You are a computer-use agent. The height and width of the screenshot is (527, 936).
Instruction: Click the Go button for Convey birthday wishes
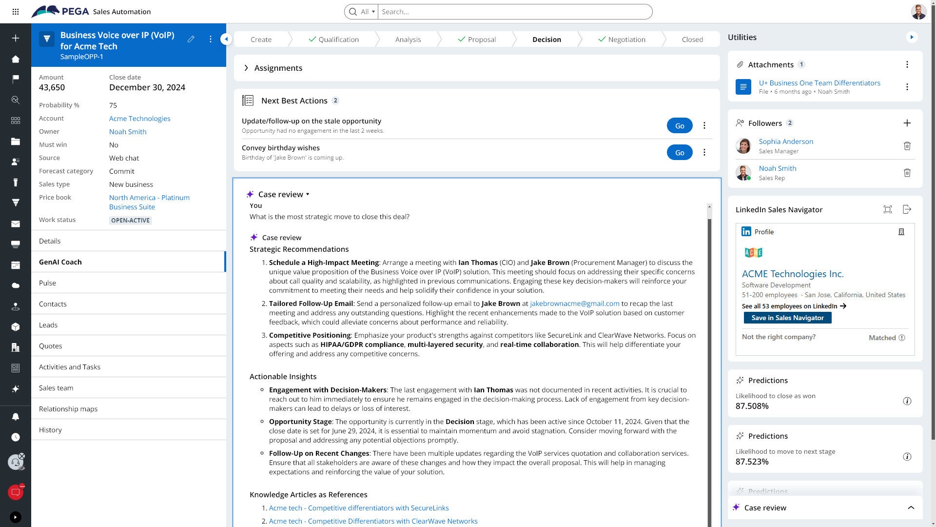pos(680,153)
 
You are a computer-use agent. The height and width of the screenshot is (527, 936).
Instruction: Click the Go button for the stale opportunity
pos(680,126)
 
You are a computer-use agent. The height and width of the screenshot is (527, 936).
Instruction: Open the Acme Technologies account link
pos(139,119)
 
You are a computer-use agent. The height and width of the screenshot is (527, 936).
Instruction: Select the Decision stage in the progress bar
pos(546,40)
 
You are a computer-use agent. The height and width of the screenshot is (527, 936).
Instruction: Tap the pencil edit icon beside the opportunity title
pos(191,39)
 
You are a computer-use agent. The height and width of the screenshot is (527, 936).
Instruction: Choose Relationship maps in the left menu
pos(68,409)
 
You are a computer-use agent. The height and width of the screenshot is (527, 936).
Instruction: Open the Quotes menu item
pos(51,346)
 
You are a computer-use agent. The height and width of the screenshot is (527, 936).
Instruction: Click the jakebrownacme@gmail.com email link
pos(574,304)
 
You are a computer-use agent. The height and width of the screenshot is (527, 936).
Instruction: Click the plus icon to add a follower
pos(907,123)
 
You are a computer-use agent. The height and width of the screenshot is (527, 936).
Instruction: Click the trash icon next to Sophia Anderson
pos(907,146)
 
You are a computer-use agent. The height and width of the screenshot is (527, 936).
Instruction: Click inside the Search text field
pos(514,12)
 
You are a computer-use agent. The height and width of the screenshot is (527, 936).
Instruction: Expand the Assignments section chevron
pos(246,68)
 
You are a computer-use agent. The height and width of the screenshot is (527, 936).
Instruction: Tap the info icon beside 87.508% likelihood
pos(907,401)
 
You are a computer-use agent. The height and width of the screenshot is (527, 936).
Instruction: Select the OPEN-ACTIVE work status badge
pos(130,221)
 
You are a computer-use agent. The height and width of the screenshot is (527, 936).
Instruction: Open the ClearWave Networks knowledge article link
pos(373,521)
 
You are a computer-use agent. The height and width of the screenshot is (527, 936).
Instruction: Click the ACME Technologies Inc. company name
pos(792,274)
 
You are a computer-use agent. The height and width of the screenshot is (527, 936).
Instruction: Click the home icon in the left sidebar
pos(16,59)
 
